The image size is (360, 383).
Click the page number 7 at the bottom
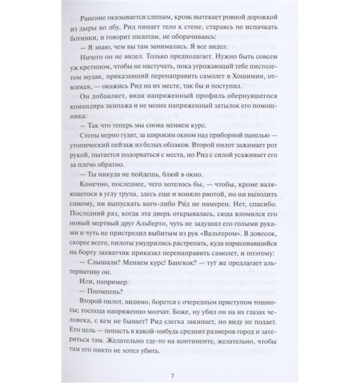tap(180, 360)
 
